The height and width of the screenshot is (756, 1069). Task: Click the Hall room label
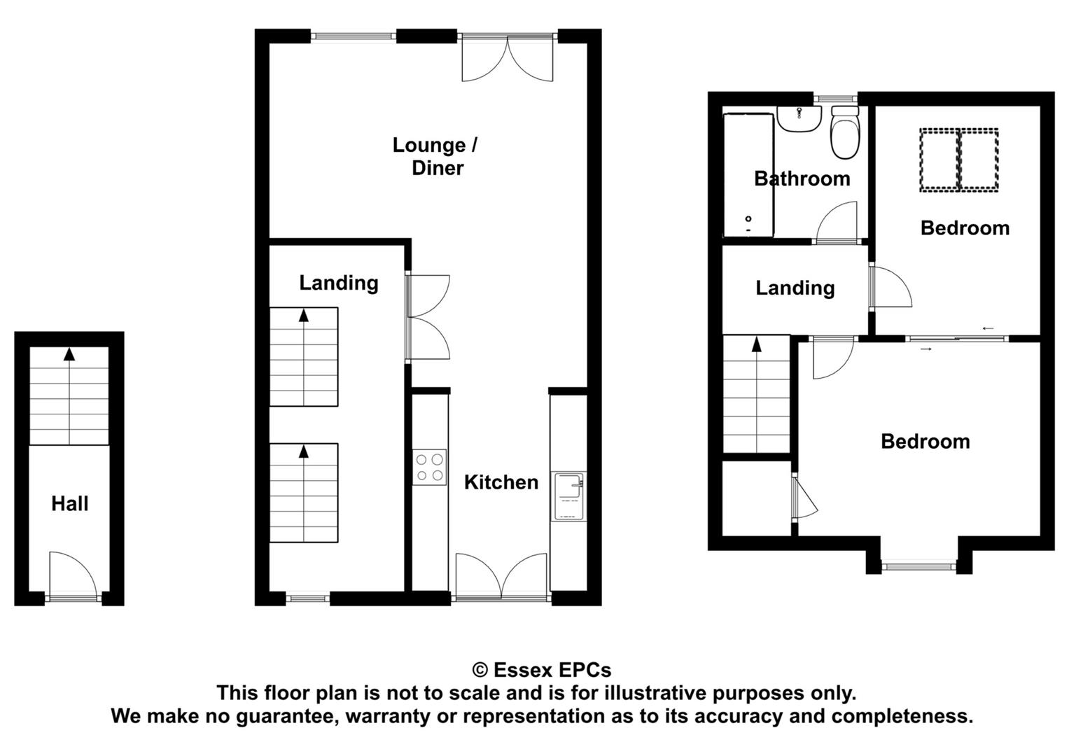(70, 503)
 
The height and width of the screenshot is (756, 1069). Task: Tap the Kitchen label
(501, 482)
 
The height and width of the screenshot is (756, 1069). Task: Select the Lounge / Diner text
(435, 157)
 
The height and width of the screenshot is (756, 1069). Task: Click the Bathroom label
(802, 178)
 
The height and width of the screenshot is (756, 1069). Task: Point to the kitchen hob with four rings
(430, 468)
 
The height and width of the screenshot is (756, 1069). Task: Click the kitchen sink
(569, 496)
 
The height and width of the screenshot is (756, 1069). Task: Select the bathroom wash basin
(799, 119)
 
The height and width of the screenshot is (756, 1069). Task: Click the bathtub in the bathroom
(748, 175)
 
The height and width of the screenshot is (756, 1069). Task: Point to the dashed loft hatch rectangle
(959, 160)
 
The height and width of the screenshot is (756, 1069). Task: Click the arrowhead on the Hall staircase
(70, 354)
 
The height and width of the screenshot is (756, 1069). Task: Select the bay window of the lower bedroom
(918, 567)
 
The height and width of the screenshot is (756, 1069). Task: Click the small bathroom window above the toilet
(835, 99)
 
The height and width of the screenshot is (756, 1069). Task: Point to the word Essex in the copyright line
(523, 670)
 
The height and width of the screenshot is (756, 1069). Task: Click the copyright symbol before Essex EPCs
(480, 670)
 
